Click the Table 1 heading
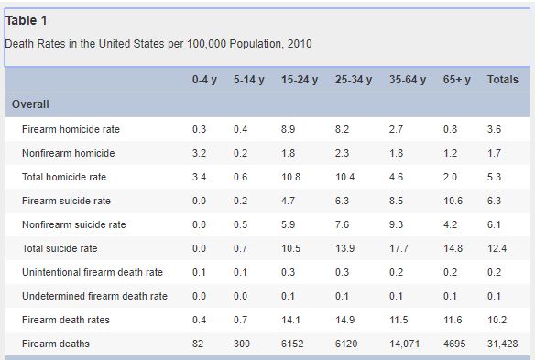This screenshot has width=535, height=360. [26, 20]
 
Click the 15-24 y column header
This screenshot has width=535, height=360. [300, 80]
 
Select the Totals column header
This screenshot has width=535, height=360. [503, 80]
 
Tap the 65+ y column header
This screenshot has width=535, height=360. [457, 80]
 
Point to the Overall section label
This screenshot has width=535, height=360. [30, 104]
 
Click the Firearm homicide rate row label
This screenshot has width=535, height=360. [71, 129]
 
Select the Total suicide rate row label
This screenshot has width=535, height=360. [60, 248]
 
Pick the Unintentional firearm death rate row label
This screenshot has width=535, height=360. [93, 272]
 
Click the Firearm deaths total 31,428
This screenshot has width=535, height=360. [503, 344]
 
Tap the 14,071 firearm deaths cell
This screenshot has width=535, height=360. [404, 344]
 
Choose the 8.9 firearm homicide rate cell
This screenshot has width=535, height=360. [288, 129]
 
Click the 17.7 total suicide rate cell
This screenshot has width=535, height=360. [399, 248]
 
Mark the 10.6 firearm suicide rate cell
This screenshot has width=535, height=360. [453, 201]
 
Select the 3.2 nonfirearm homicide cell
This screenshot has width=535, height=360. [199, 153]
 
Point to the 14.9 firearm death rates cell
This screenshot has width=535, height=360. [344, 320]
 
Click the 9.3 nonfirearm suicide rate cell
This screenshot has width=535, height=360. [396, 224]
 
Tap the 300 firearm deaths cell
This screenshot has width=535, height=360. [242, 344]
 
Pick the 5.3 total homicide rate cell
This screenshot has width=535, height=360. [494, 177]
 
